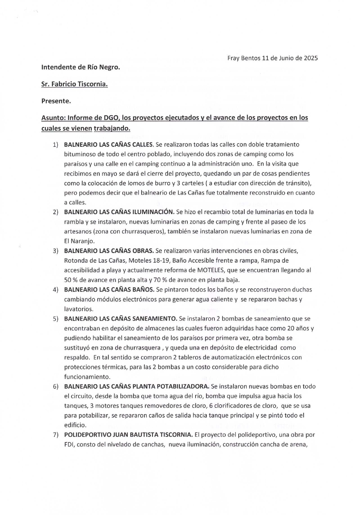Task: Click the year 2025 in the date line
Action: [310, 58]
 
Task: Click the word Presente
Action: [56, 101]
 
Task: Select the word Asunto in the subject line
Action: [52, 118]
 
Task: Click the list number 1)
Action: [56, 145]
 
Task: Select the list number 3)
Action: [56, 251]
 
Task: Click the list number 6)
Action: [56, 387]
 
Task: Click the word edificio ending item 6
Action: [75, 425]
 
